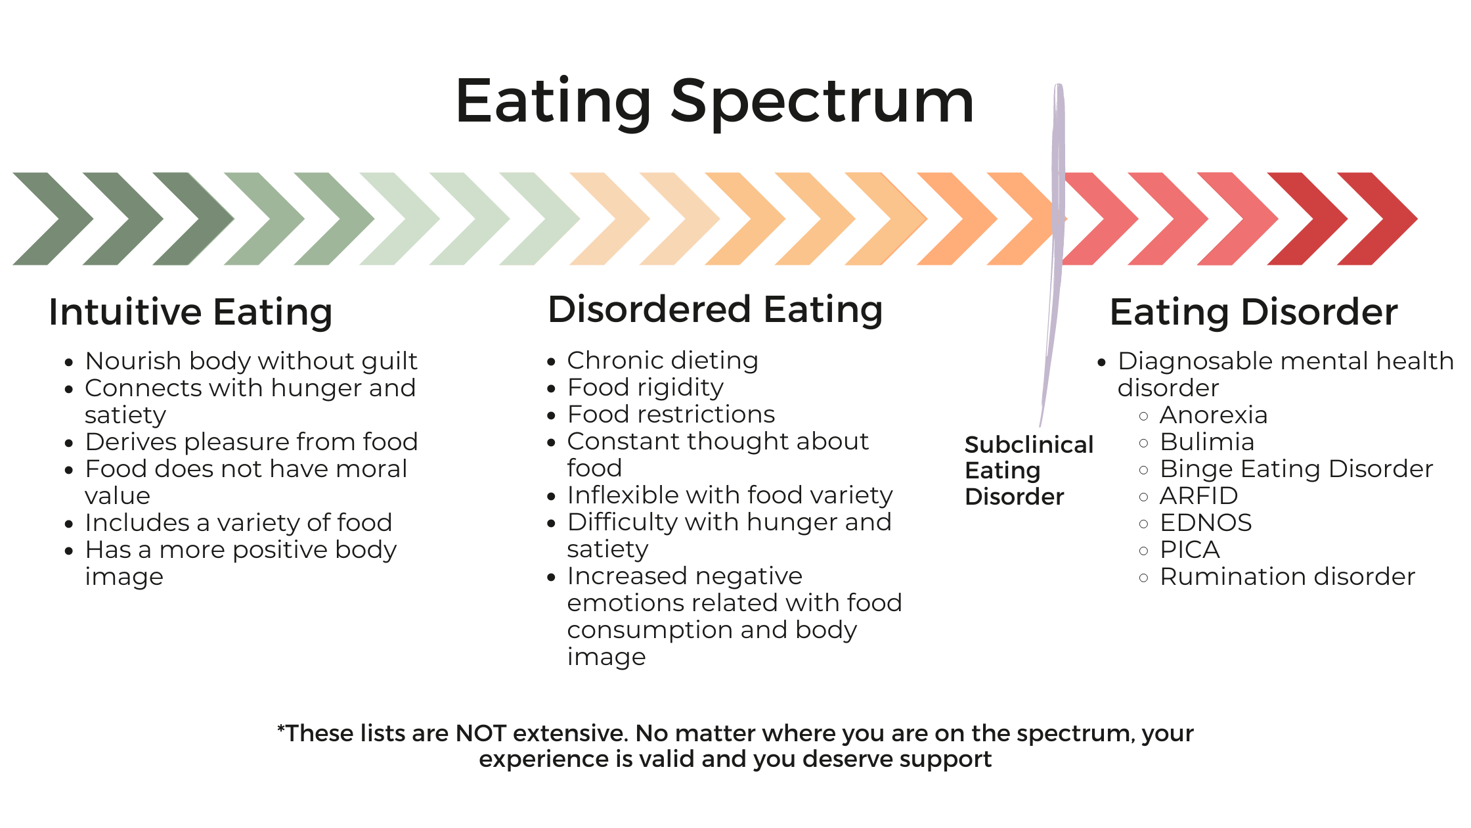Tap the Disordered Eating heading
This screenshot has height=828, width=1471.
[x=715, y=310]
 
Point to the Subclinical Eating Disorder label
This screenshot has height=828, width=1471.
[x=1028, y=471]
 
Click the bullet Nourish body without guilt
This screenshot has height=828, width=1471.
[x=251, y=361]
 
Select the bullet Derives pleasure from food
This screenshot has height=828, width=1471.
[x=251, y=442]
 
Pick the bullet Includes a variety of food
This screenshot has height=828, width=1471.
[x=238, y=522]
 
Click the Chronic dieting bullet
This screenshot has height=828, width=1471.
[x=663, y=360]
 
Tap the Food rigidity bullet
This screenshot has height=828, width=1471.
[x=645, y=387]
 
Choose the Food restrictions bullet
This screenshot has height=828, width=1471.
[x=670, y=414]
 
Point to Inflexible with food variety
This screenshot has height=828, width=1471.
[x=730, y=495]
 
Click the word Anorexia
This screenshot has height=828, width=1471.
[x=1214, y=415]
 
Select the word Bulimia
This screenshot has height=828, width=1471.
[x=1207, y=442]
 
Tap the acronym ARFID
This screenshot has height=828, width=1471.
[x=1199, y=495]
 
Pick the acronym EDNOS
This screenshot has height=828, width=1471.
[x=1206, y=522]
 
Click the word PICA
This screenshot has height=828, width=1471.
[x=1190, y=549]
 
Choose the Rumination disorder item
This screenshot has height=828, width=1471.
[x=1287, y=576]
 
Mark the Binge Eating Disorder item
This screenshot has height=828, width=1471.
[x=1296, y=469]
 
